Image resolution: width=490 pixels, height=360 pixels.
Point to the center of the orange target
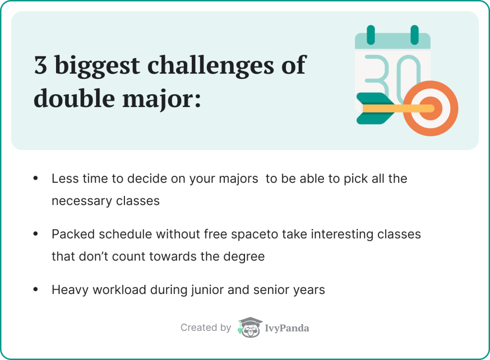pos(430,109)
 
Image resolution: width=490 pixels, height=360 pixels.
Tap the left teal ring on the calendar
pos(370,34)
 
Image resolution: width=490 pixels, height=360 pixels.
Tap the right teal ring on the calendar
pos(414,34)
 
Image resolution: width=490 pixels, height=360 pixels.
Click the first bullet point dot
pos(35,179)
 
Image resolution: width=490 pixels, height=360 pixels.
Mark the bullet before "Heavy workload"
pos(35,289)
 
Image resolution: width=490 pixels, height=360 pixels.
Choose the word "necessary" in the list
pos(76,201)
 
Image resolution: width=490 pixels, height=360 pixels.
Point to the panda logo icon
pos(249,327)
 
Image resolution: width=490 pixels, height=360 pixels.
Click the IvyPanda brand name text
pos(287,328)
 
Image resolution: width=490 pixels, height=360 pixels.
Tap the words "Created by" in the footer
pos(205,327)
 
